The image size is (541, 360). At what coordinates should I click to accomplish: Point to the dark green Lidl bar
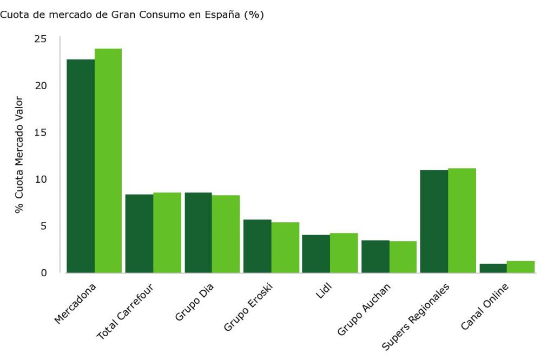(x=316, y=254)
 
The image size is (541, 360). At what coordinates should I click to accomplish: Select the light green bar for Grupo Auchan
(x=403, y=257)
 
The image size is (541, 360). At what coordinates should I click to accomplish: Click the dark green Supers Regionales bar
(x=434, y=221)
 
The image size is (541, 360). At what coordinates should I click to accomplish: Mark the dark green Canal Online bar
(x=493, y=268)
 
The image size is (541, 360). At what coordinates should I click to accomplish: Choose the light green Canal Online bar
(x=521, y=266)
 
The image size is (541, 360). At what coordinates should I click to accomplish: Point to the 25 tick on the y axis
(x=40, y=39)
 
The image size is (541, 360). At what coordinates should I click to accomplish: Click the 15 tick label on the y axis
(x=40, y=132)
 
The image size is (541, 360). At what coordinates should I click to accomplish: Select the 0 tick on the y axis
(x=43, y=272)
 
